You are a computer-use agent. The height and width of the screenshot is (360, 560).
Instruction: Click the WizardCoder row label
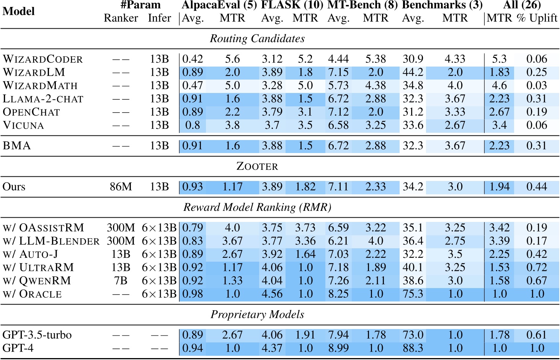click(x=42, y=59)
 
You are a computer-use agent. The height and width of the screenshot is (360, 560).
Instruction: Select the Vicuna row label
click(x=23, y=125)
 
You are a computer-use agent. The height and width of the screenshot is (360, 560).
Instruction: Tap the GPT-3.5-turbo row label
click(x=37, y=335)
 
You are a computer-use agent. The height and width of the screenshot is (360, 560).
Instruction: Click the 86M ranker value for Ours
click(x=121, y=187)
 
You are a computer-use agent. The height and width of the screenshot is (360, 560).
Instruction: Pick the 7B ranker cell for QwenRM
click(x=121, y=280)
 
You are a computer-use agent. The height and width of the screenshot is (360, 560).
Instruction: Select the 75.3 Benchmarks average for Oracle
click(x=413, y=294)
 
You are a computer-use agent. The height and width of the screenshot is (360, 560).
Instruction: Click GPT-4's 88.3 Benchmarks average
click(x=413, y=348)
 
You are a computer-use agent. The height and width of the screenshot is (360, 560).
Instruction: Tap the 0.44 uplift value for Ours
click(x=536, y=187)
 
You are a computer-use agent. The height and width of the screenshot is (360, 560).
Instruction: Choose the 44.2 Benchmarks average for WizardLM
click(x=413, y=72)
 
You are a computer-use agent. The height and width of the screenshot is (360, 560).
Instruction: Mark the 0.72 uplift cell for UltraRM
click(x=536, y=267)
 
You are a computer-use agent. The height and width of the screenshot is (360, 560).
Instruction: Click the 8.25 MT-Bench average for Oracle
click(x=338, y=294)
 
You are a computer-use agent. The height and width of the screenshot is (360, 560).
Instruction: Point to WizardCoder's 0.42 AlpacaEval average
click(x=193, y=59)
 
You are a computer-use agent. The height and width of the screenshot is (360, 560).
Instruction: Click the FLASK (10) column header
click(x=292, y=5)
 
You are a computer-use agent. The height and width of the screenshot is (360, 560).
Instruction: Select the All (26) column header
click(x=522, y=5)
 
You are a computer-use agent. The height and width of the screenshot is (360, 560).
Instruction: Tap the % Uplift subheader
click(x=537, y=18)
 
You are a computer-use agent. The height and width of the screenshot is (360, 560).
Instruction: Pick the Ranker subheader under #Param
click(x=121, y=18)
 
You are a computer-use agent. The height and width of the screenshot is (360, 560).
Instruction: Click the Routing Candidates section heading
click(x=257, y=39)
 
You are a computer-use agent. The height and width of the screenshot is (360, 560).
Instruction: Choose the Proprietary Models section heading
click(x=257, y=314)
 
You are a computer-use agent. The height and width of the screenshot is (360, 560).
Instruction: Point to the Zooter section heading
click(x=257, y=166)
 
